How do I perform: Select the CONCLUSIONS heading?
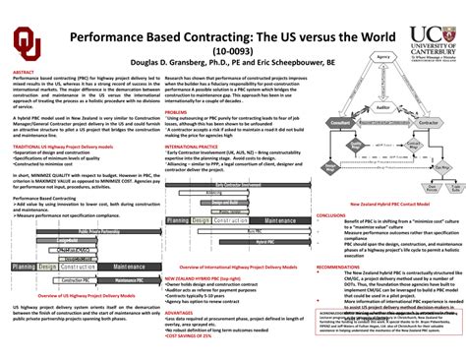[x=333, y=219]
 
